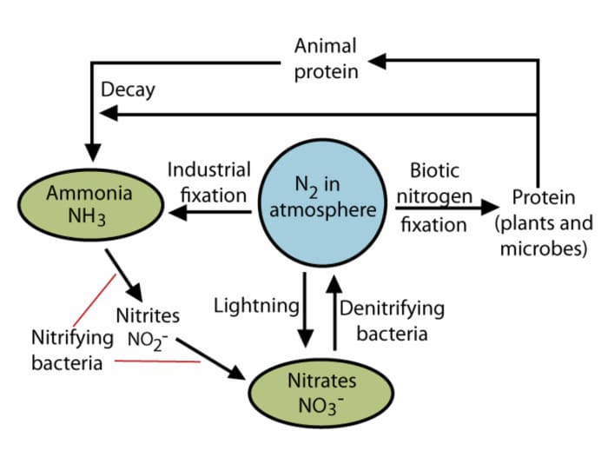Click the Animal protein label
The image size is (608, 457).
click(326, 58)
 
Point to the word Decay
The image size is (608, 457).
click(128, 89)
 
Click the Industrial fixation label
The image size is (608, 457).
click(209, 181)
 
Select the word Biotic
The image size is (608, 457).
click(434, 169)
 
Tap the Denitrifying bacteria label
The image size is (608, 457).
click(391, 320)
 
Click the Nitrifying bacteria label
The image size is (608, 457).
click(71, 348)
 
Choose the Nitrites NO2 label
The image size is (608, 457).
click(148, 326)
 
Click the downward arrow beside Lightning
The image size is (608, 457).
click(305, 308)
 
